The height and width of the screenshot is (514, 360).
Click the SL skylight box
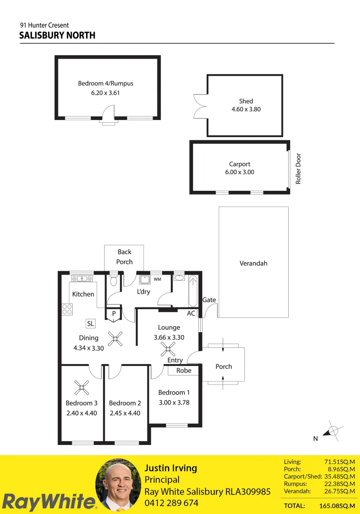click(90, 324)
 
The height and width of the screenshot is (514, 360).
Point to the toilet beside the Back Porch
click(113, 281)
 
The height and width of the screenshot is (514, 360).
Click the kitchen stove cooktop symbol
click(66, 309)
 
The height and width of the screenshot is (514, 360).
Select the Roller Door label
click(299, 168)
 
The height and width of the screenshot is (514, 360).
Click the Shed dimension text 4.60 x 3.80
click(245, 109)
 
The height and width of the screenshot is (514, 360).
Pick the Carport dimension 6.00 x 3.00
click(240, 172)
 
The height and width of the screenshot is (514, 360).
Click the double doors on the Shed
click(200, 105)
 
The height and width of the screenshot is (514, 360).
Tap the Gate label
click(209, 300)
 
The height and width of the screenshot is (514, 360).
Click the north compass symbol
click(331, 431)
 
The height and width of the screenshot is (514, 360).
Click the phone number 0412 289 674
click(171, 503)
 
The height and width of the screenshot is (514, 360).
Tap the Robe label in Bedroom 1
click(184, 370)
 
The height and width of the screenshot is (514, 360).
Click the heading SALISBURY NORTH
click(57, 36)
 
